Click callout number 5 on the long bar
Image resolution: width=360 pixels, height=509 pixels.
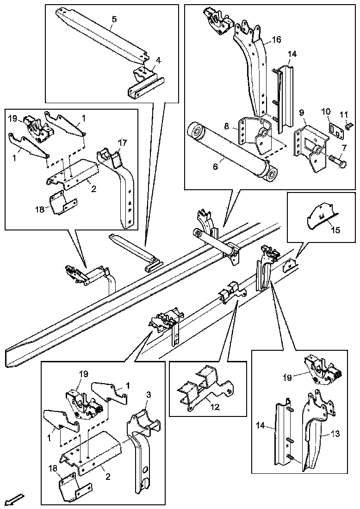[x=114, y=19]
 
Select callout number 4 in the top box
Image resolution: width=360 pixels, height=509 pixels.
[x=158, y=60]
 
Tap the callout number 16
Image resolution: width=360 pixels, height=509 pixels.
[x=276, y=40]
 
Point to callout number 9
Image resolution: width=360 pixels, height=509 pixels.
[x=301, y=112]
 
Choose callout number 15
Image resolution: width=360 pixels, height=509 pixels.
[x=336, y=230]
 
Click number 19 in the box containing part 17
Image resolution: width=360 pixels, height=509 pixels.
[x=13, y=118]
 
